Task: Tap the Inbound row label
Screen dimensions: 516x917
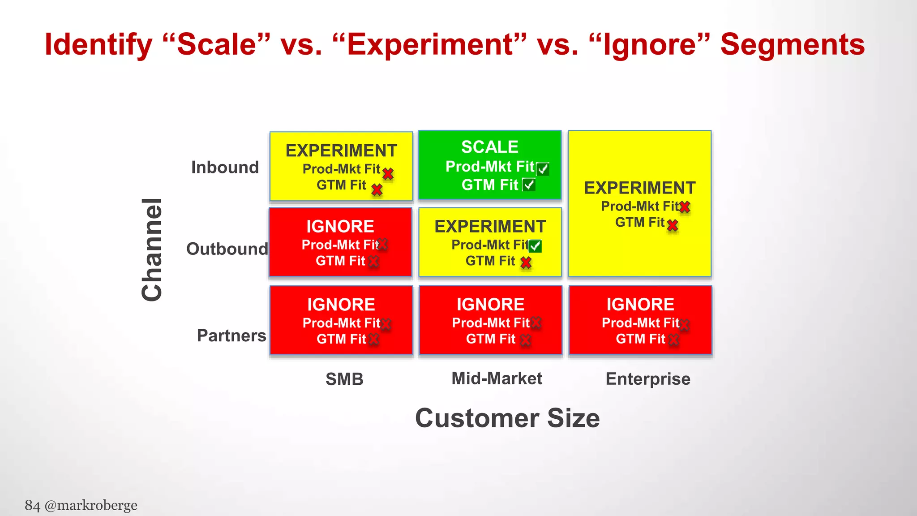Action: tap(225, 168)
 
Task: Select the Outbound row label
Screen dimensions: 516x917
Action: tap(227, 249)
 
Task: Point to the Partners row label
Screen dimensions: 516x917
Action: tap(231, 335)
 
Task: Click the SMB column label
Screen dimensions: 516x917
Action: tap(344, 379)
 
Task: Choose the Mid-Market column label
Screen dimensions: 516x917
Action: tap(497, 378)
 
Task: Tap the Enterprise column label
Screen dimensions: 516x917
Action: tap(647, 379)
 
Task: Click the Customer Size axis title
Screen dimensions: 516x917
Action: tap(507, 418)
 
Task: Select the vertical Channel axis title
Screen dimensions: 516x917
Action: tap(152, 249)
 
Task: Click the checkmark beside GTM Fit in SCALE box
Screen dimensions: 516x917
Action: tap(529, 185)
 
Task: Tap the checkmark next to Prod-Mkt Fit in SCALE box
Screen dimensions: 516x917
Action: tap(543, 169)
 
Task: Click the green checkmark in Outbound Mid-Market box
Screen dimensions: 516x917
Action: tap(535, 246)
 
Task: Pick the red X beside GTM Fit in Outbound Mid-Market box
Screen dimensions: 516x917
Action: tap(526, 262)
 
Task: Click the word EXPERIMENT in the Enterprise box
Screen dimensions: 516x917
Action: tap(639, 188)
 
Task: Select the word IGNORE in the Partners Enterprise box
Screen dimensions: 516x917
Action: tap(640, 305)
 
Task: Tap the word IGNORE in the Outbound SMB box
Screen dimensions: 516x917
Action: tap(340, 227)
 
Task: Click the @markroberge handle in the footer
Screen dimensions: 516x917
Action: tap(91, 505)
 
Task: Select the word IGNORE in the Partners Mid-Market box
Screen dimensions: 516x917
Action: tap(490, 305)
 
